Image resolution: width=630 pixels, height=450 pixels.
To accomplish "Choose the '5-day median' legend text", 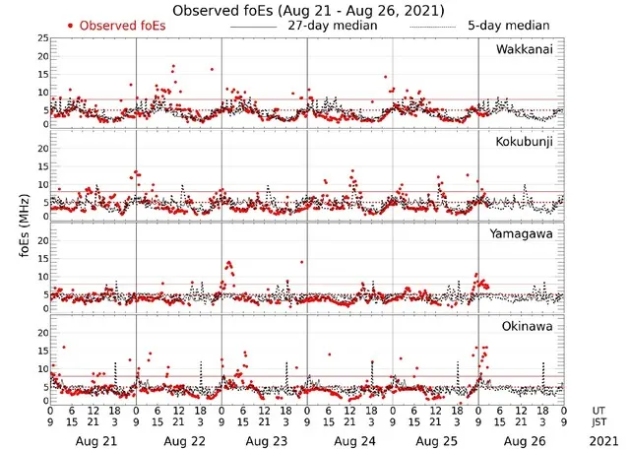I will pos(508,25).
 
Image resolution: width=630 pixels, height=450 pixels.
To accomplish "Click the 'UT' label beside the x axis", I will pos(599,410).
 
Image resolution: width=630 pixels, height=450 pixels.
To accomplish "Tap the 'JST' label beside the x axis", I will pos(599,421).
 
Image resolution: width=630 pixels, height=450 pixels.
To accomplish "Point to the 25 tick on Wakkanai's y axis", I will pos(41,37).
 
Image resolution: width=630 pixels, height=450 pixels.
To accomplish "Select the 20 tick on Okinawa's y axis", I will pos(41,333).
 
